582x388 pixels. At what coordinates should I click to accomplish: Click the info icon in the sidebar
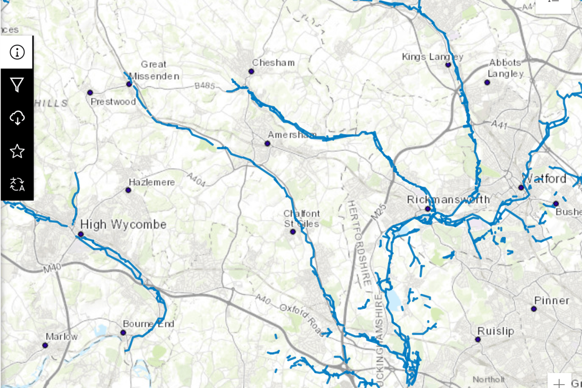pyautogui.click(x=17, y=52)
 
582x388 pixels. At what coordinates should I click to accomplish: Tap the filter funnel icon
pyautogui.click(x=17, y=85)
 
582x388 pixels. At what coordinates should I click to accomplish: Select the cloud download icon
pyautogui.click(x=17, y=118)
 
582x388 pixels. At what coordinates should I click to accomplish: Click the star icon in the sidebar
pyautogui.click(x=17, y=151)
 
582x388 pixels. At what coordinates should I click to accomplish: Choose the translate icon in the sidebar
pyautogui.click(x=17, y=184)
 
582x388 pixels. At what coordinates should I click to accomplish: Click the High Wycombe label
pyautogui.click(x=123, y=225)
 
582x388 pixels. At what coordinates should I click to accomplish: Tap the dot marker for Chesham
pyautogui.click(x=251, y=71)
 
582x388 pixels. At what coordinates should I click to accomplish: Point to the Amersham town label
pyautogui.click(x=292, y=134)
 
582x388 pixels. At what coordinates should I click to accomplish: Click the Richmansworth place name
pyautogui.click(x=449, y=199)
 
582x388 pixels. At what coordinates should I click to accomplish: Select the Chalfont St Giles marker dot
pyautogui.click(x=292, y=232)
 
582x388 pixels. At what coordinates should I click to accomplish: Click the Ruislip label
pyautogui.click(x=496, y=331)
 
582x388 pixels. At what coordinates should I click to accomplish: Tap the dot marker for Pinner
pyautogui.click(x=534, y=308)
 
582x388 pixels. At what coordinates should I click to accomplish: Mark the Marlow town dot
pyautogui.click(x=45, y=345)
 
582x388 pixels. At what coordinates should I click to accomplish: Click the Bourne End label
pyautogui.click(x=148, y=323)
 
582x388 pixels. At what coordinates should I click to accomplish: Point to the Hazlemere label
pyautogui.click(x=152, y=182)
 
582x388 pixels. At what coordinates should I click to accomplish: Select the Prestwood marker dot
pyautogui.click(x=90, y=92)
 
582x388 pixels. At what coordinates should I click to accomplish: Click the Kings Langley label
pyautogui.click(x=433, y=57)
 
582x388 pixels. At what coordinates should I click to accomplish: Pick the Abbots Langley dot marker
pyautogui.click(x=487, y=82)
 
